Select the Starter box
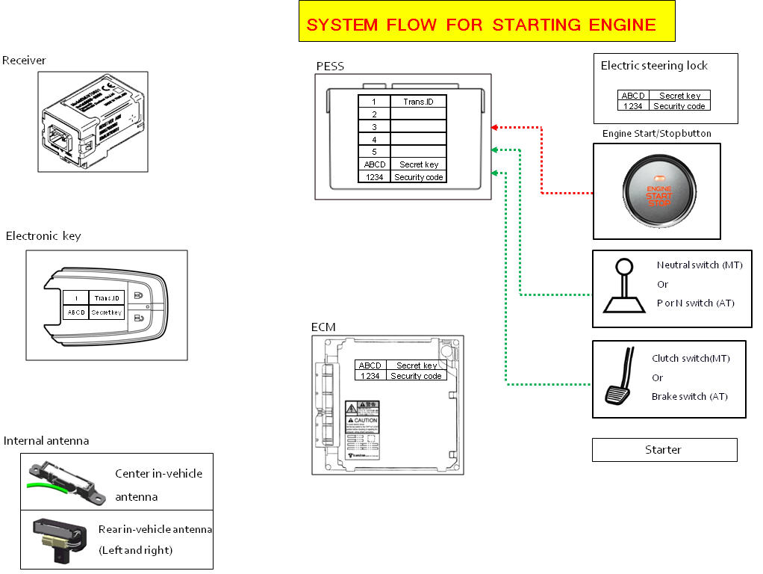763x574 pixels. (664, 450)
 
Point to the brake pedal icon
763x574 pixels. (619, 380)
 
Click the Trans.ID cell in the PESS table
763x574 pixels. (418, 102)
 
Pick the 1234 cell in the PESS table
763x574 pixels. (374, 177)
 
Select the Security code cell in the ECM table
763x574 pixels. (417, 376)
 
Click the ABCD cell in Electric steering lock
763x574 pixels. (633, 96)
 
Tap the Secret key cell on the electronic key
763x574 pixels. (107, 312)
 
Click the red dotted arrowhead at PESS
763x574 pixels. (494, 127)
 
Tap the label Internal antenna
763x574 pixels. (46, 441)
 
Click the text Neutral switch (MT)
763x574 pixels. (700, 265)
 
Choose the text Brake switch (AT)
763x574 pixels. (689, 397)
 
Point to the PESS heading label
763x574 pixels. (330, 67)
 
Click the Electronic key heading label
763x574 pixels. (43, 236)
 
